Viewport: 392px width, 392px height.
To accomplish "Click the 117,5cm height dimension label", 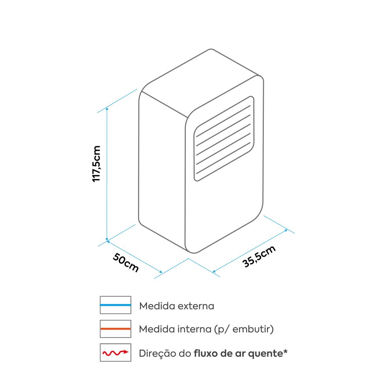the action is click(x=96, y=164).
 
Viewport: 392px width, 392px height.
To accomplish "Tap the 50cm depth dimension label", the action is click(x=126, y=262).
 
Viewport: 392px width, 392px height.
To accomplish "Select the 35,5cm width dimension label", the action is click(x=259, y=256).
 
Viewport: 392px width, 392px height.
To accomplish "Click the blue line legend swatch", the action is click(x=116, y=305).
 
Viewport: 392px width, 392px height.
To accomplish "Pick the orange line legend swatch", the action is click(x=116, y=329).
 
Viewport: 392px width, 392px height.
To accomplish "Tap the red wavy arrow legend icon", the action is click(x=116, y=352).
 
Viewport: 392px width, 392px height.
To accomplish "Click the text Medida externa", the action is click(x=176, y=306).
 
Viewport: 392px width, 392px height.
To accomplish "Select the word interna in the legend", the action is click(x=194, y=329).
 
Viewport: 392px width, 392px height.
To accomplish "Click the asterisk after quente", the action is click(x=285, y=351).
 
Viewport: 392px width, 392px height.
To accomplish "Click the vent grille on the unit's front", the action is click(x=224, y=138).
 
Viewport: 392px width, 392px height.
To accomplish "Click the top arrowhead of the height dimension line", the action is click(x=107, y=109).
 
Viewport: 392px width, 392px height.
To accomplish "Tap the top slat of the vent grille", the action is click(x=223, y=121).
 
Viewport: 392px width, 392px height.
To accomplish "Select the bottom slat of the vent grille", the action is click(x=223, y=158).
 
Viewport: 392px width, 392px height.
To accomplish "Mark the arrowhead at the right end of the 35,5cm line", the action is click(x=286, y=230).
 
